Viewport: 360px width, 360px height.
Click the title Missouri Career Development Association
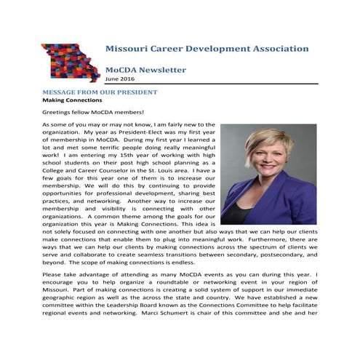[x=207, y=49]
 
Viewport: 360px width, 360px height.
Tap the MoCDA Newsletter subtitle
[x=145, y=70]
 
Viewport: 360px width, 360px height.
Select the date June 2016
[x=120, y=79]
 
